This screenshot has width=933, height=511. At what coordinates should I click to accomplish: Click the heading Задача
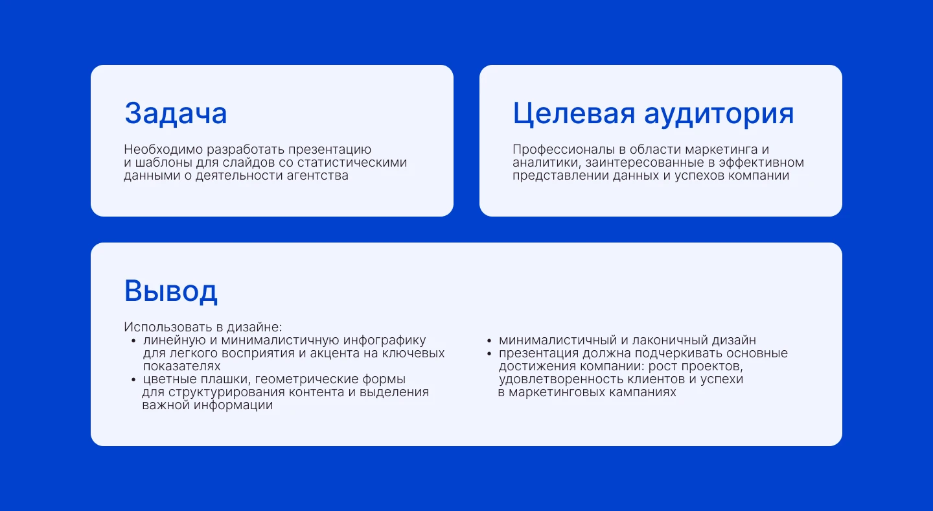tap(176, 113)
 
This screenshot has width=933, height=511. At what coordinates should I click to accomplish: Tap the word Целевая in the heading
tap(573, 113)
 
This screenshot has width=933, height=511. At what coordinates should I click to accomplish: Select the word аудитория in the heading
tap(719, 115)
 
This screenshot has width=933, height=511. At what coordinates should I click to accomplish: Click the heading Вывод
tap(171, 291)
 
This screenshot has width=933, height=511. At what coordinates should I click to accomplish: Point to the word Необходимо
tap(163, 149)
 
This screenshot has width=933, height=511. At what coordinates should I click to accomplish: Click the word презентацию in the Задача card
tap(329, 150)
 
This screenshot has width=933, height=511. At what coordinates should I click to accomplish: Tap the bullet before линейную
tap(133, 341)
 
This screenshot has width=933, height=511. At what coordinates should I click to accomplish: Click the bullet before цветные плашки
tap(133, 380)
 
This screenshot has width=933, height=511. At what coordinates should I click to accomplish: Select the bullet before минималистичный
tap(489, 341)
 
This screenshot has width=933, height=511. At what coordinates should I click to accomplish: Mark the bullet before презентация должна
tap(489, 354)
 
